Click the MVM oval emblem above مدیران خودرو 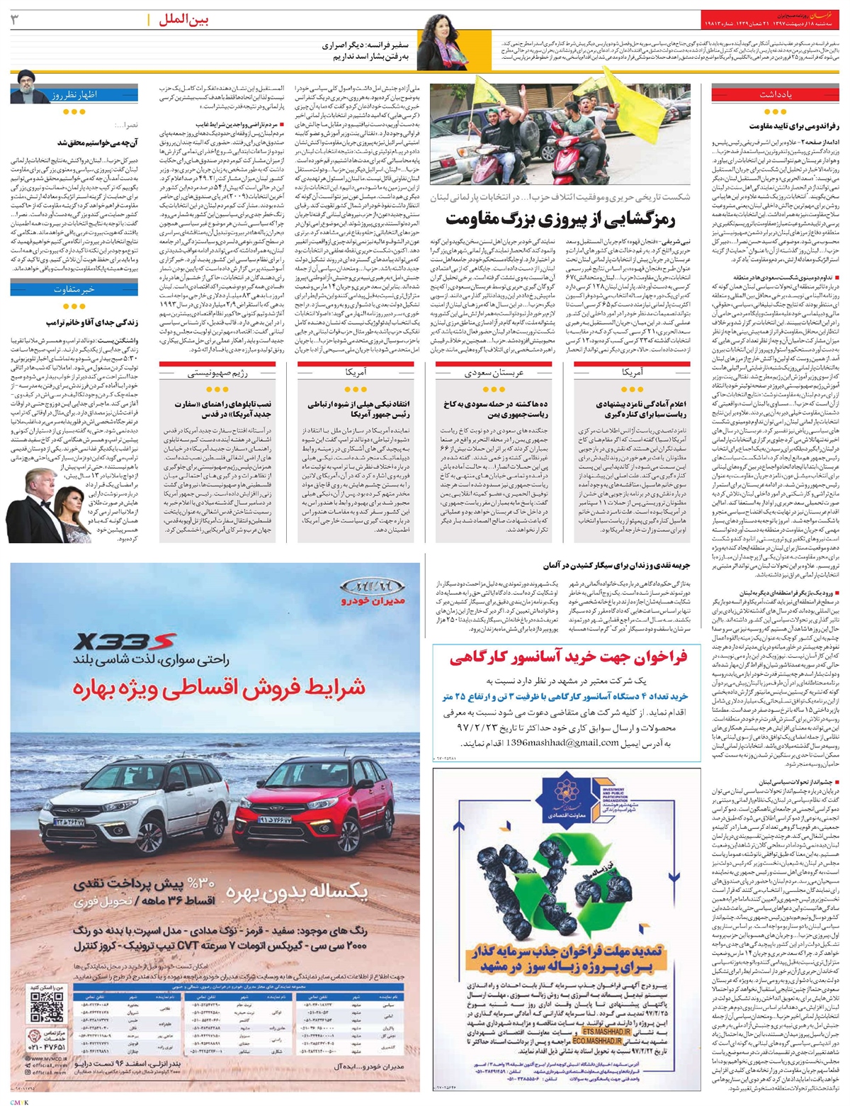tap(365, 586)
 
